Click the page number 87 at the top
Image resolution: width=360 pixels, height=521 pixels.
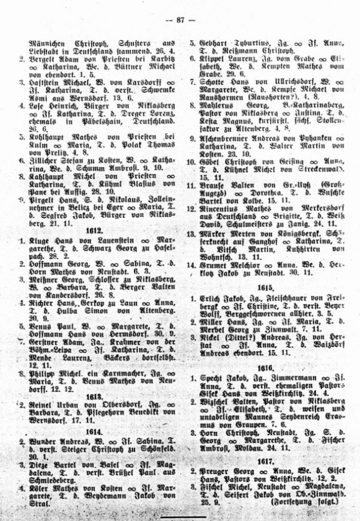coord(180,20)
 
